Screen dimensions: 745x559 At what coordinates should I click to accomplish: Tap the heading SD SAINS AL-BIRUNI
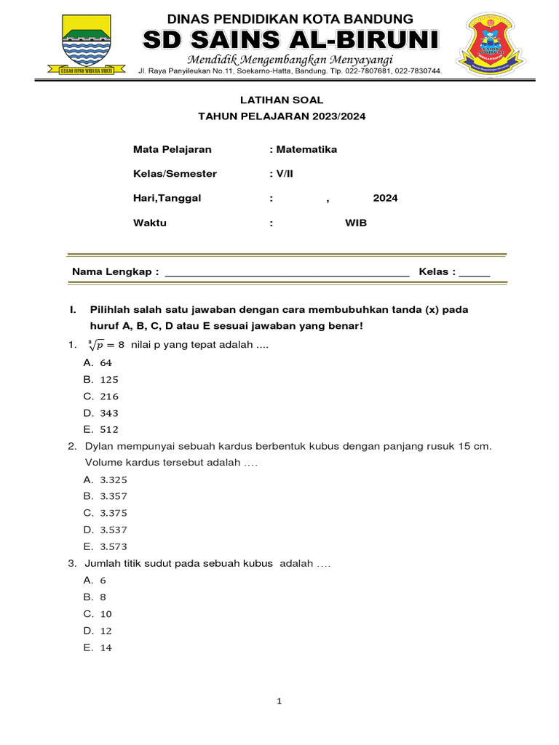[x=290, y=40]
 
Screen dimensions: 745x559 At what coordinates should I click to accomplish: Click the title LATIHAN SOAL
[x=282, y=100]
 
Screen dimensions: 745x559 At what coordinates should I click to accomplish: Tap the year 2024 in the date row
[x=385, y=198]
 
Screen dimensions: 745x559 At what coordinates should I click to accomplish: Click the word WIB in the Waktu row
[x=356, y=223]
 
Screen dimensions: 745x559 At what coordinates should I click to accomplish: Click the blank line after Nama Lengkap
[x=288, y=273]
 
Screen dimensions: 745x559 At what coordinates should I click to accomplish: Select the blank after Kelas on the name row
[x=475, y=273]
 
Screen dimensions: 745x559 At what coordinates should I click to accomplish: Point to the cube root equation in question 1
[x=105, y=344]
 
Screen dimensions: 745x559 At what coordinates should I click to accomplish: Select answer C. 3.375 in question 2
[x=106, y=513]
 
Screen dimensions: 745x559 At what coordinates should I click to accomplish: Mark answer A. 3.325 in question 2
[x=106, y=479]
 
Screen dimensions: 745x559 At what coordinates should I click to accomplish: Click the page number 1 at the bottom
[x=279, y=702]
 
